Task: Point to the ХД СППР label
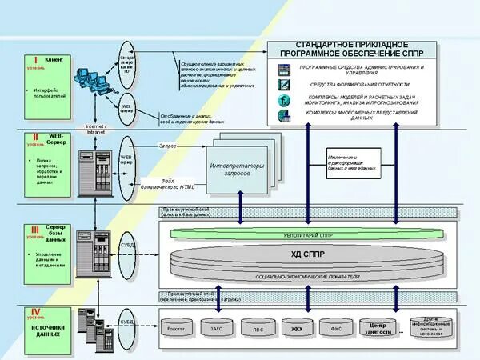(307, 254)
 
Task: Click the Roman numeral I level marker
(35, 59)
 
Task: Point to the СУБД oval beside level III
(126, 245)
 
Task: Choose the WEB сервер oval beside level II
(126, 160)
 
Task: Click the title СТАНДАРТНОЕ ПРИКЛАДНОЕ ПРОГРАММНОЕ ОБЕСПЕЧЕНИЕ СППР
(355, 48)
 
